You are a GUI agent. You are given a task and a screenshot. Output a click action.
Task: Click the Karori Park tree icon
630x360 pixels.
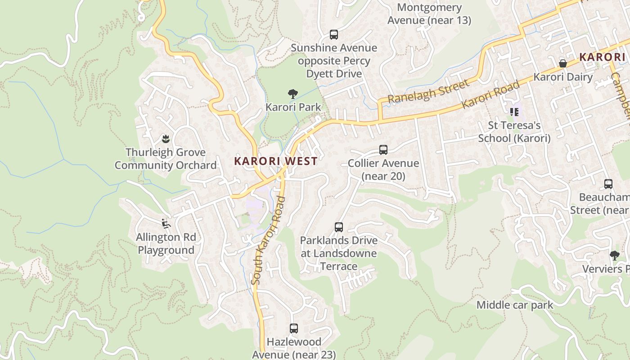pyautogui.click(x=293, y=94)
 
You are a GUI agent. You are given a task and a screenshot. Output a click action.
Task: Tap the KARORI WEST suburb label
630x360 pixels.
pyautogui.click(x=275, y=161)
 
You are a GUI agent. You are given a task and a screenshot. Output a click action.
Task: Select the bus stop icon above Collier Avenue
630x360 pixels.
pyautogui.click(x=383, y=150)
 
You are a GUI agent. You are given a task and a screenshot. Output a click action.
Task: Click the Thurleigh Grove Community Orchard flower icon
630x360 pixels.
pyautogui.click(x=166, y=139)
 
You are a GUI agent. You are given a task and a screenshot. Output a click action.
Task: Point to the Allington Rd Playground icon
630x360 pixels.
pyautogui.click(x=166, y=223)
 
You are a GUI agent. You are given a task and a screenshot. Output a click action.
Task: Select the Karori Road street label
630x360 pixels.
pyautogui.click(x=490, y=95)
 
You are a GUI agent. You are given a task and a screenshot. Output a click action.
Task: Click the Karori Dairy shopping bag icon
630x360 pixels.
pyautogui.click(x=562, y=63)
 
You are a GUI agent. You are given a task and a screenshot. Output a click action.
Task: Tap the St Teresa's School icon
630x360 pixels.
pyautogui.click(x=514, y=112)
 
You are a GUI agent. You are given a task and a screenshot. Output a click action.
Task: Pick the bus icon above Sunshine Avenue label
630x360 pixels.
pyautogui.click(x=334, y=35)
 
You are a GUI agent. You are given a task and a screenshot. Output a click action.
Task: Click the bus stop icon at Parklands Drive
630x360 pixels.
pyautogui.click(x=339, y=227)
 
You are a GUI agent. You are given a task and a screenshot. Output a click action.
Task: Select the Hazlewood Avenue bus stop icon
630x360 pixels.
pyautogui.click(x=294, y=328)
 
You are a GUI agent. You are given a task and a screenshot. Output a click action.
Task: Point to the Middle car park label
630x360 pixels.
pyautogui.click(x=515, y=305)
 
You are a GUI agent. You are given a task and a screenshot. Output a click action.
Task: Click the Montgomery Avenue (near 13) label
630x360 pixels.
pyautogui.click(x=429, y=14)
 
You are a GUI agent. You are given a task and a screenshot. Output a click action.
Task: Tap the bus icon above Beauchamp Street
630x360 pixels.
pyautogui.click(x=608, y=184)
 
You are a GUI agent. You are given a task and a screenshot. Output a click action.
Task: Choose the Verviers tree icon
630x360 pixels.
pyautogui.click(x=614, y=256)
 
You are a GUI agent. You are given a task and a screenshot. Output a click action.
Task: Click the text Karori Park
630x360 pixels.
pyautogui.click(x=293, y=107)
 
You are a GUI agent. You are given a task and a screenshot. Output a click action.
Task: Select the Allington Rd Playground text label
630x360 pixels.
pyautogui.click(x=166, y=243)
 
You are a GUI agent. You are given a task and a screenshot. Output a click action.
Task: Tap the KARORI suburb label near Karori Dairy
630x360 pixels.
pyautogui.click(x=602, y=57)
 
